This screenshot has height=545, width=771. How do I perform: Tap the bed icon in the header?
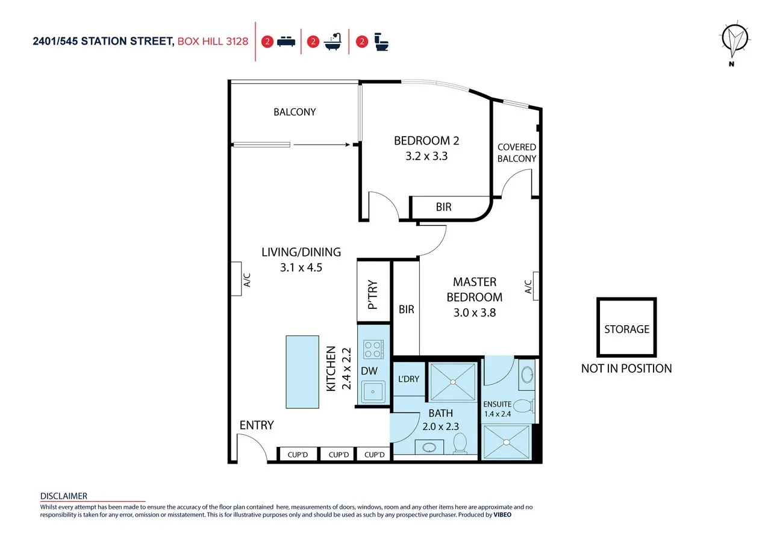point(286,42)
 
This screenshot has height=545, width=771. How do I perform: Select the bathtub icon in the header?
point(333,42)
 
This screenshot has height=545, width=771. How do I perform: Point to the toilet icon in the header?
point(381,42)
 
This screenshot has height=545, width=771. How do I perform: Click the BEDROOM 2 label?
point(426,141)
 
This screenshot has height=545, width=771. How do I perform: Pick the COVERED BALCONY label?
point(517,153)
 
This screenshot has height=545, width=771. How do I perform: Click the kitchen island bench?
point(302,372)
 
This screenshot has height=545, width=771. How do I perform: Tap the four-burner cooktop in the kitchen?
point(373,349)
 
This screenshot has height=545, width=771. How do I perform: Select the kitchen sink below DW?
point(373,391)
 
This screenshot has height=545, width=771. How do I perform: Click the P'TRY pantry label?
point(373,295)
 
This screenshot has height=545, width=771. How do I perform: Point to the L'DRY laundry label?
point(408,379)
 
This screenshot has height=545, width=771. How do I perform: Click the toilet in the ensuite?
point(525,406)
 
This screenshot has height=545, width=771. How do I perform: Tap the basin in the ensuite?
point(527,375)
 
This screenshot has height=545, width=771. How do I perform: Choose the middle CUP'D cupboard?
point(339,454)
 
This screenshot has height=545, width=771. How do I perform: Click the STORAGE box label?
point(627,329)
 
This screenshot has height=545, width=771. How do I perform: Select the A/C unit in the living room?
point(236,279)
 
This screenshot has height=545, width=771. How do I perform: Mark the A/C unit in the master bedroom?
point(536,286)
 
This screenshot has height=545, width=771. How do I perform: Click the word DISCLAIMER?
point(64,496)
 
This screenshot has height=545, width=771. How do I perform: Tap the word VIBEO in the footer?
point(502,515)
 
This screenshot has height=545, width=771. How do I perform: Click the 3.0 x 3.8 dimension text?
point(475,313)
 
